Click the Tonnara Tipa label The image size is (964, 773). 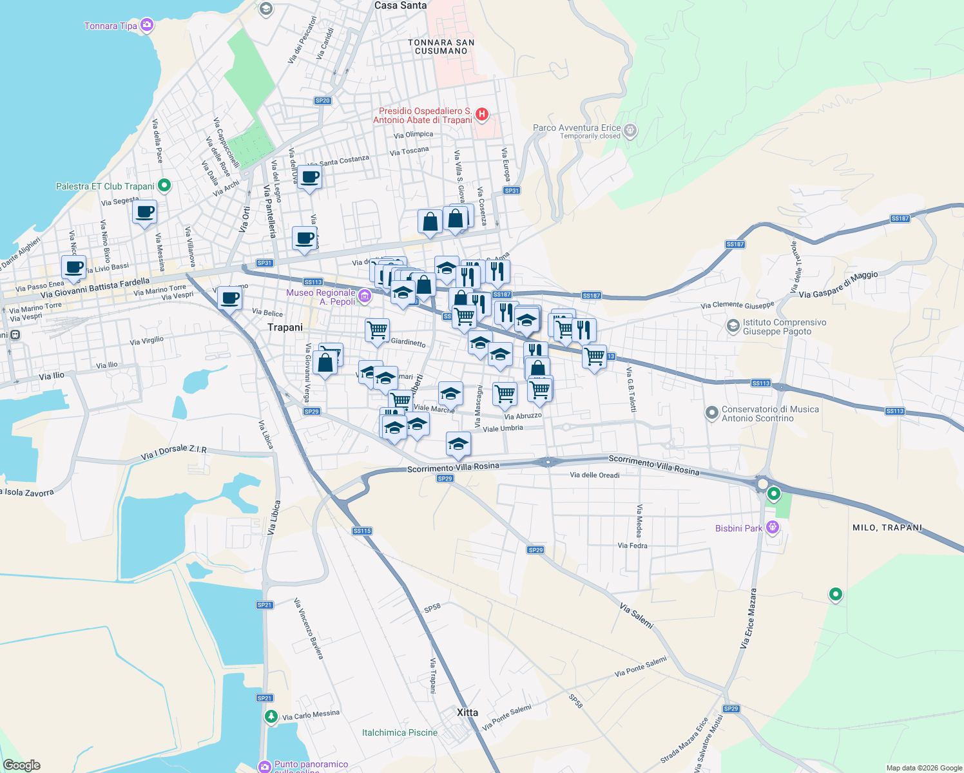[110, 26]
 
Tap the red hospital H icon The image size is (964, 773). [481, 115]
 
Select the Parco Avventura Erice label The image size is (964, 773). [577, 128]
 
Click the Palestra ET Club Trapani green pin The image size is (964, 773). [164, 186]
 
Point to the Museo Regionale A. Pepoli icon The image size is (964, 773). [365, 296]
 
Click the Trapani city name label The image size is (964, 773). [285, 327]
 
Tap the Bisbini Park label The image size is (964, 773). [738, 528]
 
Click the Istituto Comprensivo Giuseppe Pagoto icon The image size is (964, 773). [733, 326]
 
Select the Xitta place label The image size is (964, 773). [467, 712]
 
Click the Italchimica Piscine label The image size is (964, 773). [400, 732]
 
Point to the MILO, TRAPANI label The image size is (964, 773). [887, 528]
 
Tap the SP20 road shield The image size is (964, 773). [322, 100]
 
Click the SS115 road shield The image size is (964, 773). [362, 531]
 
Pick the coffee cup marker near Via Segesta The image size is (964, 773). [145, 212]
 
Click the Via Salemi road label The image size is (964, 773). [637, 616]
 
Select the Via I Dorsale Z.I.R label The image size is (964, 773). [174, 452]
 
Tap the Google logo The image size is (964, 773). [22, 765]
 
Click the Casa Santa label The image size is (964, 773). [400, 5]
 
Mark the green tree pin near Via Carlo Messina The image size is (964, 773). [271, 716]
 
